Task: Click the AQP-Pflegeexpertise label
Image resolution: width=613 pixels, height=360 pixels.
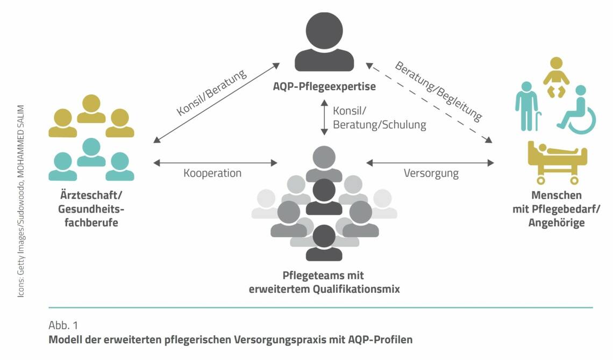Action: coord(324,86)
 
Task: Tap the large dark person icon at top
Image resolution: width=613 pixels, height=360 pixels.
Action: coord(324,42)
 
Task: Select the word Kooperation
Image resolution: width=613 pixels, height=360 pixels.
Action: coord(212,173)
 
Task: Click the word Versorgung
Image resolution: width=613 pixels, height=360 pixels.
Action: coord(431,173)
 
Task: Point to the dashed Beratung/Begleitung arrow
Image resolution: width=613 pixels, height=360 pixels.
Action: coord(429,103)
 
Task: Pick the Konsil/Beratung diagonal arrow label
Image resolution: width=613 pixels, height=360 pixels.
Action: coord(211,93)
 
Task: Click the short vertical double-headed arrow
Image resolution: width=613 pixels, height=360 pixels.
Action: coord(324,117)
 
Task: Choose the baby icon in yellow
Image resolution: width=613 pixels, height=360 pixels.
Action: coord(556,77)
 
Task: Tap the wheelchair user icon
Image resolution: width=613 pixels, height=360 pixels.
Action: coord(577,110)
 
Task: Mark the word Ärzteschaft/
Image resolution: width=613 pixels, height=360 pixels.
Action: coord(91,195)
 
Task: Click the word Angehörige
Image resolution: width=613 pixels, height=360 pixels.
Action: coord(557,223)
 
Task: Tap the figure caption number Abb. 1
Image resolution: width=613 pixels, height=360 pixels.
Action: coord(63,325)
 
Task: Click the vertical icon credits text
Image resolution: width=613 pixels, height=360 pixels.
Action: coord(21,201)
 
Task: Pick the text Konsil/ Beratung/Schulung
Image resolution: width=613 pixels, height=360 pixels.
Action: coord(379,118)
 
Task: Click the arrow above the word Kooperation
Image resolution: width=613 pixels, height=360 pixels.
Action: coord(215,163)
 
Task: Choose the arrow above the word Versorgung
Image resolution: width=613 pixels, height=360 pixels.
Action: coord(430,163)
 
